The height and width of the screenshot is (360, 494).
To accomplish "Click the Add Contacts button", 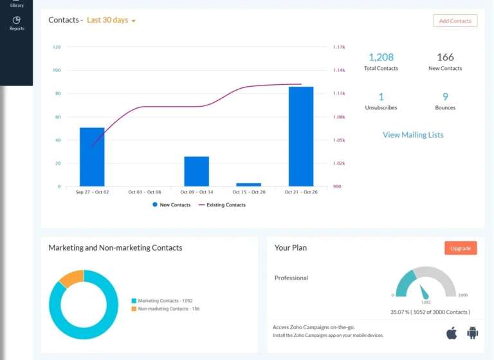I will coord(455,21).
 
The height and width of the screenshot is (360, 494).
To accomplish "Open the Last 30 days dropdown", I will coord(111,21).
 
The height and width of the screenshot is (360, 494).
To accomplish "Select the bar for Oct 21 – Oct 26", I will coord(301,136).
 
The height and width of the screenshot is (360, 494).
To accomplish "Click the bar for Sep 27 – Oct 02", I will coord(92,157).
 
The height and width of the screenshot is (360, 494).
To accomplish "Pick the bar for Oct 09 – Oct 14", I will coord(196,171).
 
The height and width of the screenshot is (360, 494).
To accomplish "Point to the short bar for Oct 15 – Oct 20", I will coord(248,184).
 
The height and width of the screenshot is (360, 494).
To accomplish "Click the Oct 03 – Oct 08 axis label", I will coord(145,192).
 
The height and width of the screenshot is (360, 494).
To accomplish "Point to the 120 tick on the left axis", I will coord(57,47).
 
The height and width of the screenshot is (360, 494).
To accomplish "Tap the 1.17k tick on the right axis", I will coord(339,47).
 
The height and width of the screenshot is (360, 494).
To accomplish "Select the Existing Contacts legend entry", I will coord(222,204).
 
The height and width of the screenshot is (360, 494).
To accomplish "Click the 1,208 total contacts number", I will coord(381,58).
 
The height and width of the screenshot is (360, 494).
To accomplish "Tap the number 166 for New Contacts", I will coord(445,58).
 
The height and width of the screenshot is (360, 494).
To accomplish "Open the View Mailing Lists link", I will coord(413,135).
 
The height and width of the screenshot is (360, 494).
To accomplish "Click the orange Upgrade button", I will coord(461,248).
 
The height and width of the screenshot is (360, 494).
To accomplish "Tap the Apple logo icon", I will coord(452,332).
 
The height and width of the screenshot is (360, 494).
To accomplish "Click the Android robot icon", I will coord(473,332).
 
